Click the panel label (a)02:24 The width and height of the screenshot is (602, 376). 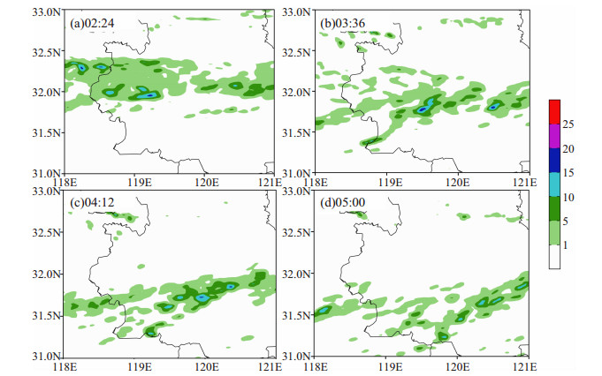[92, 23]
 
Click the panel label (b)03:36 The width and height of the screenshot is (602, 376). [342, 23]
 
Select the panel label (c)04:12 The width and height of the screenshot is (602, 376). [92, 202]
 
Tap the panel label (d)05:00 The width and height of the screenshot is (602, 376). [342, 202]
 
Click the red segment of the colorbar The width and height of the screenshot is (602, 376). [554, 112]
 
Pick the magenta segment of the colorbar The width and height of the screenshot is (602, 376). [554, 136]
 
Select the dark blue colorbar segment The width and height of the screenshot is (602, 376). [554, 161]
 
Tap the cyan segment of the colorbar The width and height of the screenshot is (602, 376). [554, 184]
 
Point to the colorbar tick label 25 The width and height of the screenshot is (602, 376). [568, 124]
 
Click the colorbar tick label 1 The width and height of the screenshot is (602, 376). [566, 245]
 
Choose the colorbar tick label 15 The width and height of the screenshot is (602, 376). [568, 173]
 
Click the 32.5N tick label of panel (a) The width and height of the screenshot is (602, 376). [47, 52]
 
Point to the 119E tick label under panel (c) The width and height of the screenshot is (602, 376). [140, 367]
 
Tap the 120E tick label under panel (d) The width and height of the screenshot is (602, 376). [457, 367]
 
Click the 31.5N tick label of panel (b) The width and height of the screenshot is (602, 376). [296, 133]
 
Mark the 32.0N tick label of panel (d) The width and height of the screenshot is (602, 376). [296, 274]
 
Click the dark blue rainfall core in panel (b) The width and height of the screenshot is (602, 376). [423, 109]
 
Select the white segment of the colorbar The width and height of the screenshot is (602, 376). [554, 257]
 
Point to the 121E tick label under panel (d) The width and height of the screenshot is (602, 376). [525, 367]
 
